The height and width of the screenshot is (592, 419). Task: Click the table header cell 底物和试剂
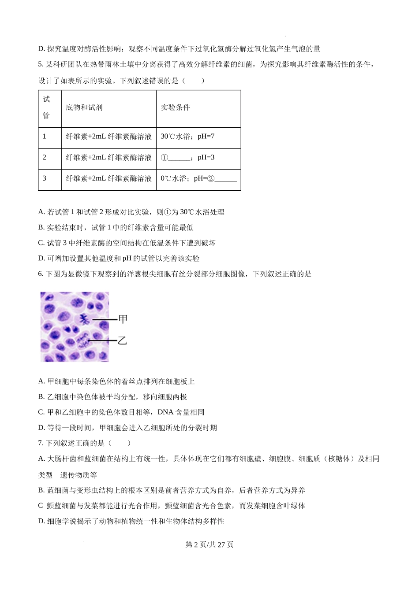84,108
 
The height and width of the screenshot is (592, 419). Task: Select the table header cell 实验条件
176,108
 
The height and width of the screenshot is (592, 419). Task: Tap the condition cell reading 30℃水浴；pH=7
187,137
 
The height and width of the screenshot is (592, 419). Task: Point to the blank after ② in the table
226,179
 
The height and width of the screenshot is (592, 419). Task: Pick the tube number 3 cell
45,178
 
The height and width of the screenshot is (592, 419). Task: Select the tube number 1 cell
45,137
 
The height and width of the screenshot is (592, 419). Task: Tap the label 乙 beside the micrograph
122,340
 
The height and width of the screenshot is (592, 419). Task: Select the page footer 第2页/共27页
209,544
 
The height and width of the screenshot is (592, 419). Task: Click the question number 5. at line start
41,65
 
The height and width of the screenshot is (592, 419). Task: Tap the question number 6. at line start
41,274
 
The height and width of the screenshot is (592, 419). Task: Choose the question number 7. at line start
41,443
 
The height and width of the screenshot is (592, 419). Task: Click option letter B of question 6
41,397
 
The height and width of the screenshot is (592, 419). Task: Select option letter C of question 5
41,243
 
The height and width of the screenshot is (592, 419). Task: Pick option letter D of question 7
41,522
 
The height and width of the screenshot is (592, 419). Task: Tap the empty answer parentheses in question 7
119,443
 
